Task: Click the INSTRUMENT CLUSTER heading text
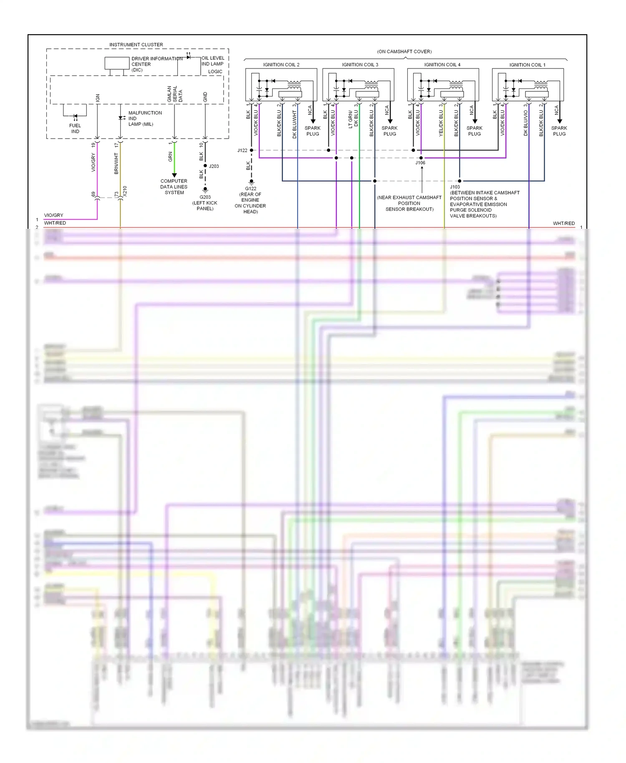pyautogui.click(x=136, y=45)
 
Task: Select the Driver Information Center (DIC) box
pyautogui.click(x=117, y=63)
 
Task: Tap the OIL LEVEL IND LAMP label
pyautogui.click(x=212, y=61)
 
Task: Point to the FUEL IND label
pyautogui.click(x=75, y=129)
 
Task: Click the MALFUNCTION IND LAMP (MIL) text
pyautogui.click(x=144, y=119)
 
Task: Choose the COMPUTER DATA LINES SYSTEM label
pyautogui.click(x=174, y=187)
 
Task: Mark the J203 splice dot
pyautogui.click(x=205, y=166)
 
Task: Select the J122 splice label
pyautogui.click(x=242, y=150)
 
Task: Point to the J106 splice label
pyautogui.click(x=420, y=163)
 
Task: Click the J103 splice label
pyautogui.click(x=455, y=187)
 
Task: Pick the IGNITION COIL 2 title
pyautogui.click(x=281, y=65)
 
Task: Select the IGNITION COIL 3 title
pyautogui.click(x=360, y=65)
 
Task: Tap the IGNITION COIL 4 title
pyautogui.click(x=442, y=65)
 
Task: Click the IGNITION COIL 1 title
pyautogui.click(x=527, y=65)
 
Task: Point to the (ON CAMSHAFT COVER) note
pyautogui.click(x=404, y=52)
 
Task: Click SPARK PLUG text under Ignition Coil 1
pyautogui.click(x=559, y=131)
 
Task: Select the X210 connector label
pyautogui.click(x=125, y=191)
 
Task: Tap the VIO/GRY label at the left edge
pyautogui.click(x=54, y=215)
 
